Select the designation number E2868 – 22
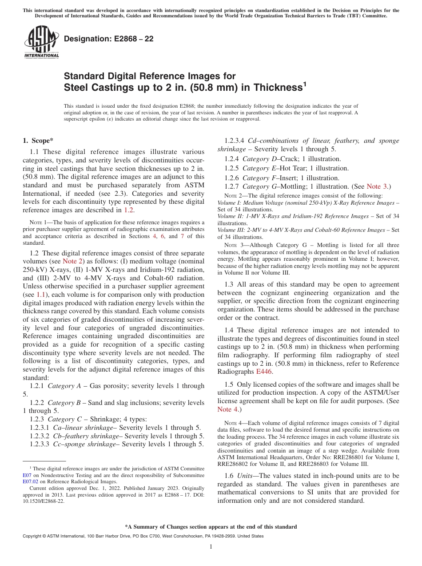tap(108, 39)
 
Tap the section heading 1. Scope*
tap(38, 141)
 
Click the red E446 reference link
tap(264, 371)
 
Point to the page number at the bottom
tap(211, 547)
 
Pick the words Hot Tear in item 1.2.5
tap(293, 168)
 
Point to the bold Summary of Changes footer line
tap(211, 527)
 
